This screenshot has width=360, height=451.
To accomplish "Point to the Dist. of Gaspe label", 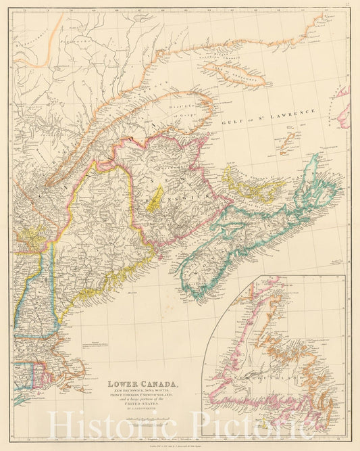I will tap(179, 108).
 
